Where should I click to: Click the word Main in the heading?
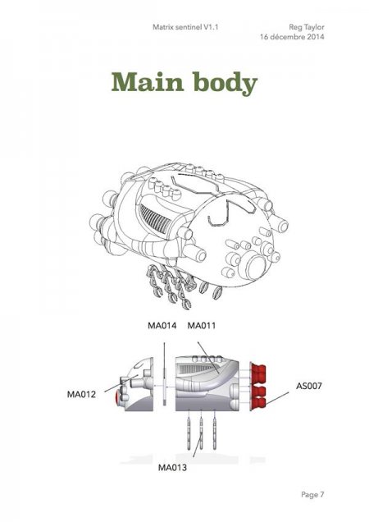click(x=148, y=81)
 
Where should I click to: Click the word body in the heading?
click(x=225, y=83)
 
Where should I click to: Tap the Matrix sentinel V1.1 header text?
click(x=185, y=27)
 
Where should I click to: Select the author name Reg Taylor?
click(x=307, y=27)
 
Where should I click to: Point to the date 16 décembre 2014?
click(x=292, y=37)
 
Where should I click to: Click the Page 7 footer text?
click(x=312, y=495)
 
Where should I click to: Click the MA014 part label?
click(x=162, y=325)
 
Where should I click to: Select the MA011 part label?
click(x=201, y=325)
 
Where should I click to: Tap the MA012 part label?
click(x=81, y=395)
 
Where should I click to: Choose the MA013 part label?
click(x=172, y=468)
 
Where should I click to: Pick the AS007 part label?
click(x=309, y=386)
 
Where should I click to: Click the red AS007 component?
click(x=257, y=387)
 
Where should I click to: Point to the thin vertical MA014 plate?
click(x=164, y=387)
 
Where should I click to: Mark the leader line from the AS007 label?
click(x=277, y=399)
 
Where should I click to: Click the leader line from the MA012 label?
click(x=121, y=383)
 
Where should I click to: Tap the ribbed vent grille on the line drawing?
click(x=155, y=220)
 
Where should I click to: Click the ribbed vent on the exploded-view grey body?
click(x=195, y=369)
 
